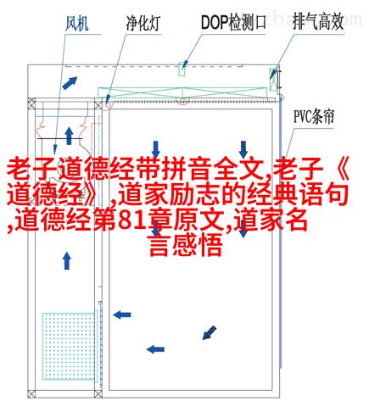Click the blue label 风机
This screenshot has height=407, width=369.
point(77,23)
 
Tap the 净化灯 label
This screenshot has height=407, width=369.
point(143,23)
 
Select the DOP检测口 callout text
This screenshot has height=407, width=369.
point(233,22)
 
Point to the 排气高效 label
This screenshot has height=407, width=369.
point(318,21)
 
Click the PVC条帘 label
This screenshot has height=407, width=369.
point(314,116)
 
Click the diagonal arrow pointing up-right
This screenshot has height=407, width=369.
point(70,83)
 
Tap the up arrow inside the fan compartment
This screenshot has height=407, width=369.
point(69,136)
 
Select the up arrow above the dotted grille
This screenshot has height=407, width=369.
point(67,260)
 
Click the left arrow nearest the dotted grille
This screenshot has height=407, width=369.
point(122,315)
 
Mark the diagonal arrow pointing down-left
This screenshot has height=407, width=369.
point(210,332)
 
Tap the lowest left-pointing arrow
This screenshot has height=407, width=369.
point(155,349)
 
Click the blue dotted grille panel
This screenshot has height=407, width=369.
point(68,346)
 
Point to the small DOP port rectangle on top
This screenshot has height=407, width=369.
point(182,69)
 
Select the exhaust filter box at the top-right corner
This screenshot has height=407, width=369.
point(273,79)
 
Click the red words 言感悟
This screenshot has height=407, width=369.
point(186,245)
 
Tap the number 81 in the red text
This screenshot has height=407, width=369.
point(129,220)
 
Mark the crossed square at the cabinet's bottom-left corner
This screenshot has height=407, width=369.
point(31,393)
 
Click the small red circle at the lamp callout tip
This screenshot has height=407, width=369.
point(109,105)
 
